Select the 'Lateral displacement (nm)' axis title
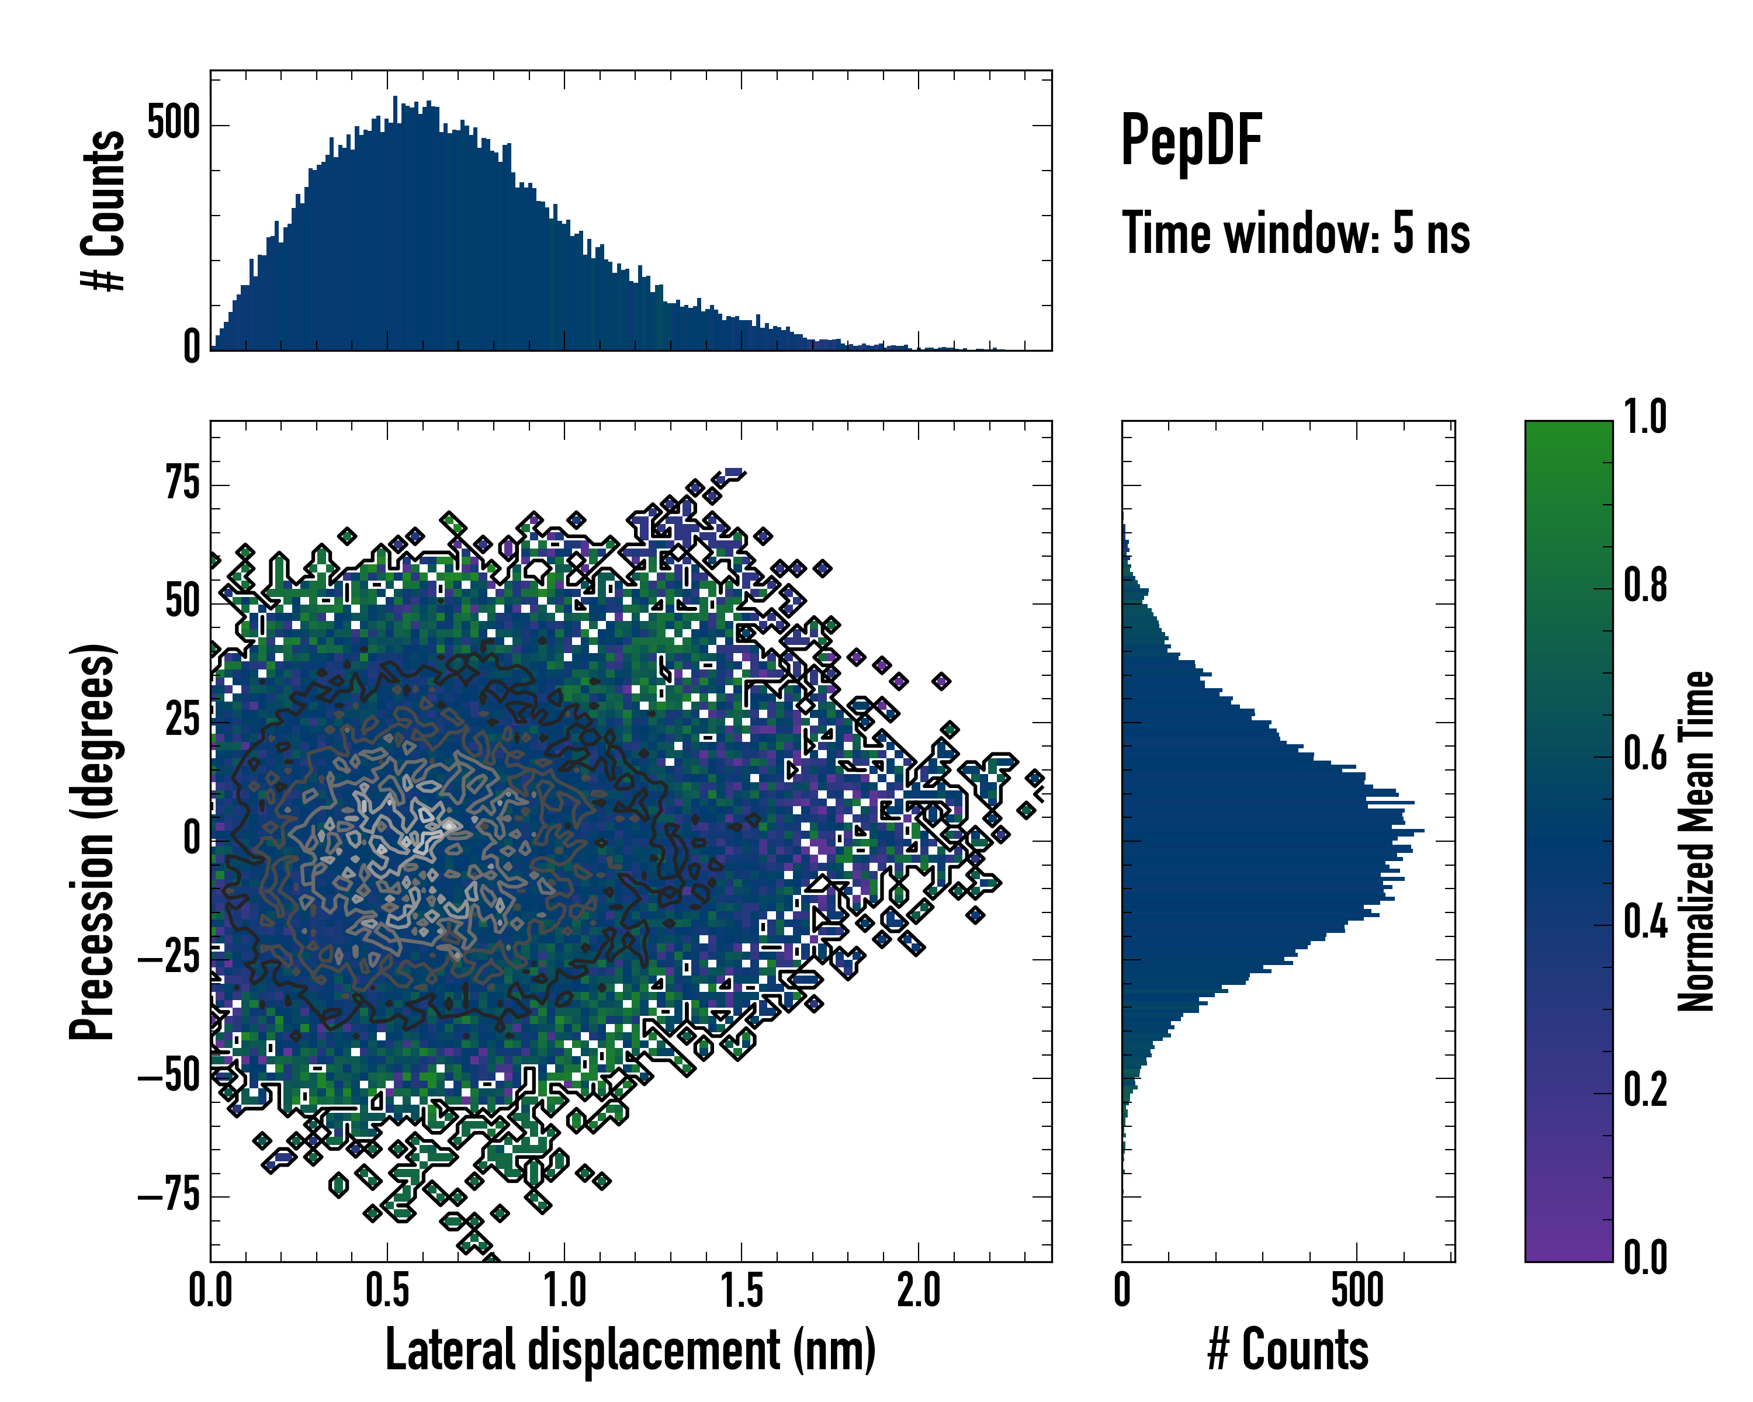[x=630, y=1350]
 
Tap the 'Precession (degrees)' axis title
[x=92, y=842]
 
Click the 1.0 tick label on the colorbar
[x=1645, y=418]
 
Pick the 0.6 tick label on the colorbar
[x=1645, y=754]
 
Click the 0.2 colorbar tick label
[x=1645, y=1090]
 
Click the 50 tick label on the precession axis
[x=182, y=602]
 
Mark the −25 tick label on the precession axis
[x=169, y=959]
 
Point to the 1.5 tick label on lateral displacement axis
[x=742, y=1290]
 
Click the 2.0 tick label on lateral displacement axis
[x=919, y=1290]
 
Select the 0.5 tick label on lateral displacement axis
[x=387, y=1290]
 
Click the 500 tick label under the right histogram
[x=1357, y=1290]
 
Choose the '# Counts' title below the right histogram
[x=1288, y=1350]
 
